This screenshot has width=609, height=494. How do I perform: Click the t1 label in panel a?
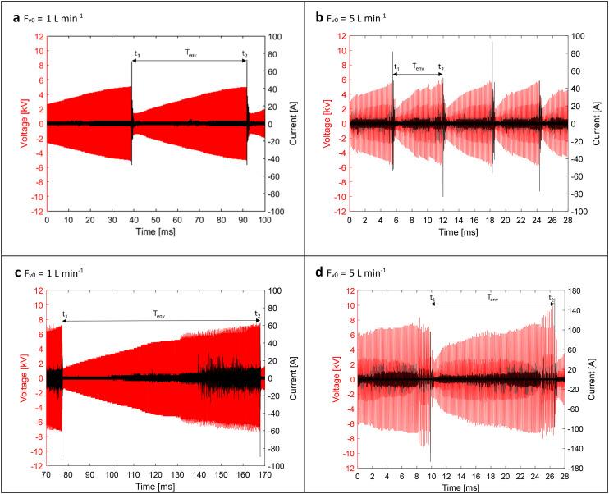[136, 54]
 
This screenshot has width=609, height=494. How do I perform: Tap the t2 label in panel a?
[244, 54]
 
